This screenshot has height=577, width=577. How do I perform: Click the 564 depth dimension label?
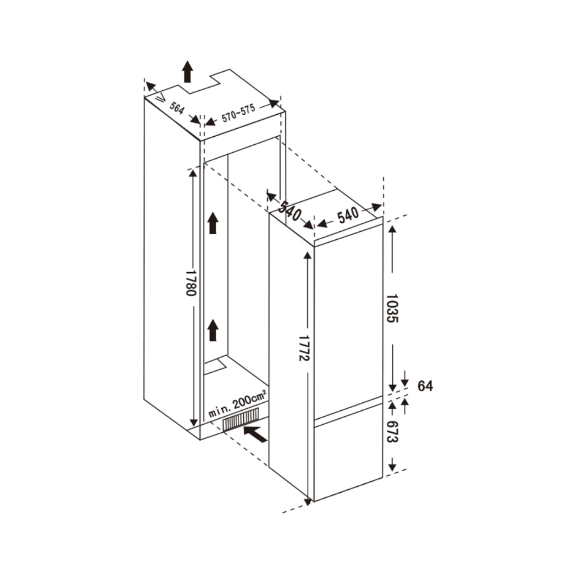[177, 108]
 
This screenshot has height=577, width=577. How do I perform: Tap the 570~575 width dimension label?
[238, 113]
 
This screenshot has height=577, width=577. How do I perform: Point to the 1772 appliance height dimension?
[305, 348]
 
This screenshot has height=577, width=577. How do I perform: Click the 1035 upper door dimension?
[392, 308]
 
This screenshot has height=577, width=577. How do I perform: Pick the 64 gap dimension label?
[425, 386]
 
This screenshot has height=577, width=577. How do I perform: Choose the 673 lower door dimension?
[392, 432]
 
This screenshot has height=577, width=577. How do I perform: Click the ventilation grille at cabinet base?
[241, 419]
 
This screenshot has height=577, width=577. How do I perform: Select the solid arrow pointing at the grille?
[256, 433]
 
